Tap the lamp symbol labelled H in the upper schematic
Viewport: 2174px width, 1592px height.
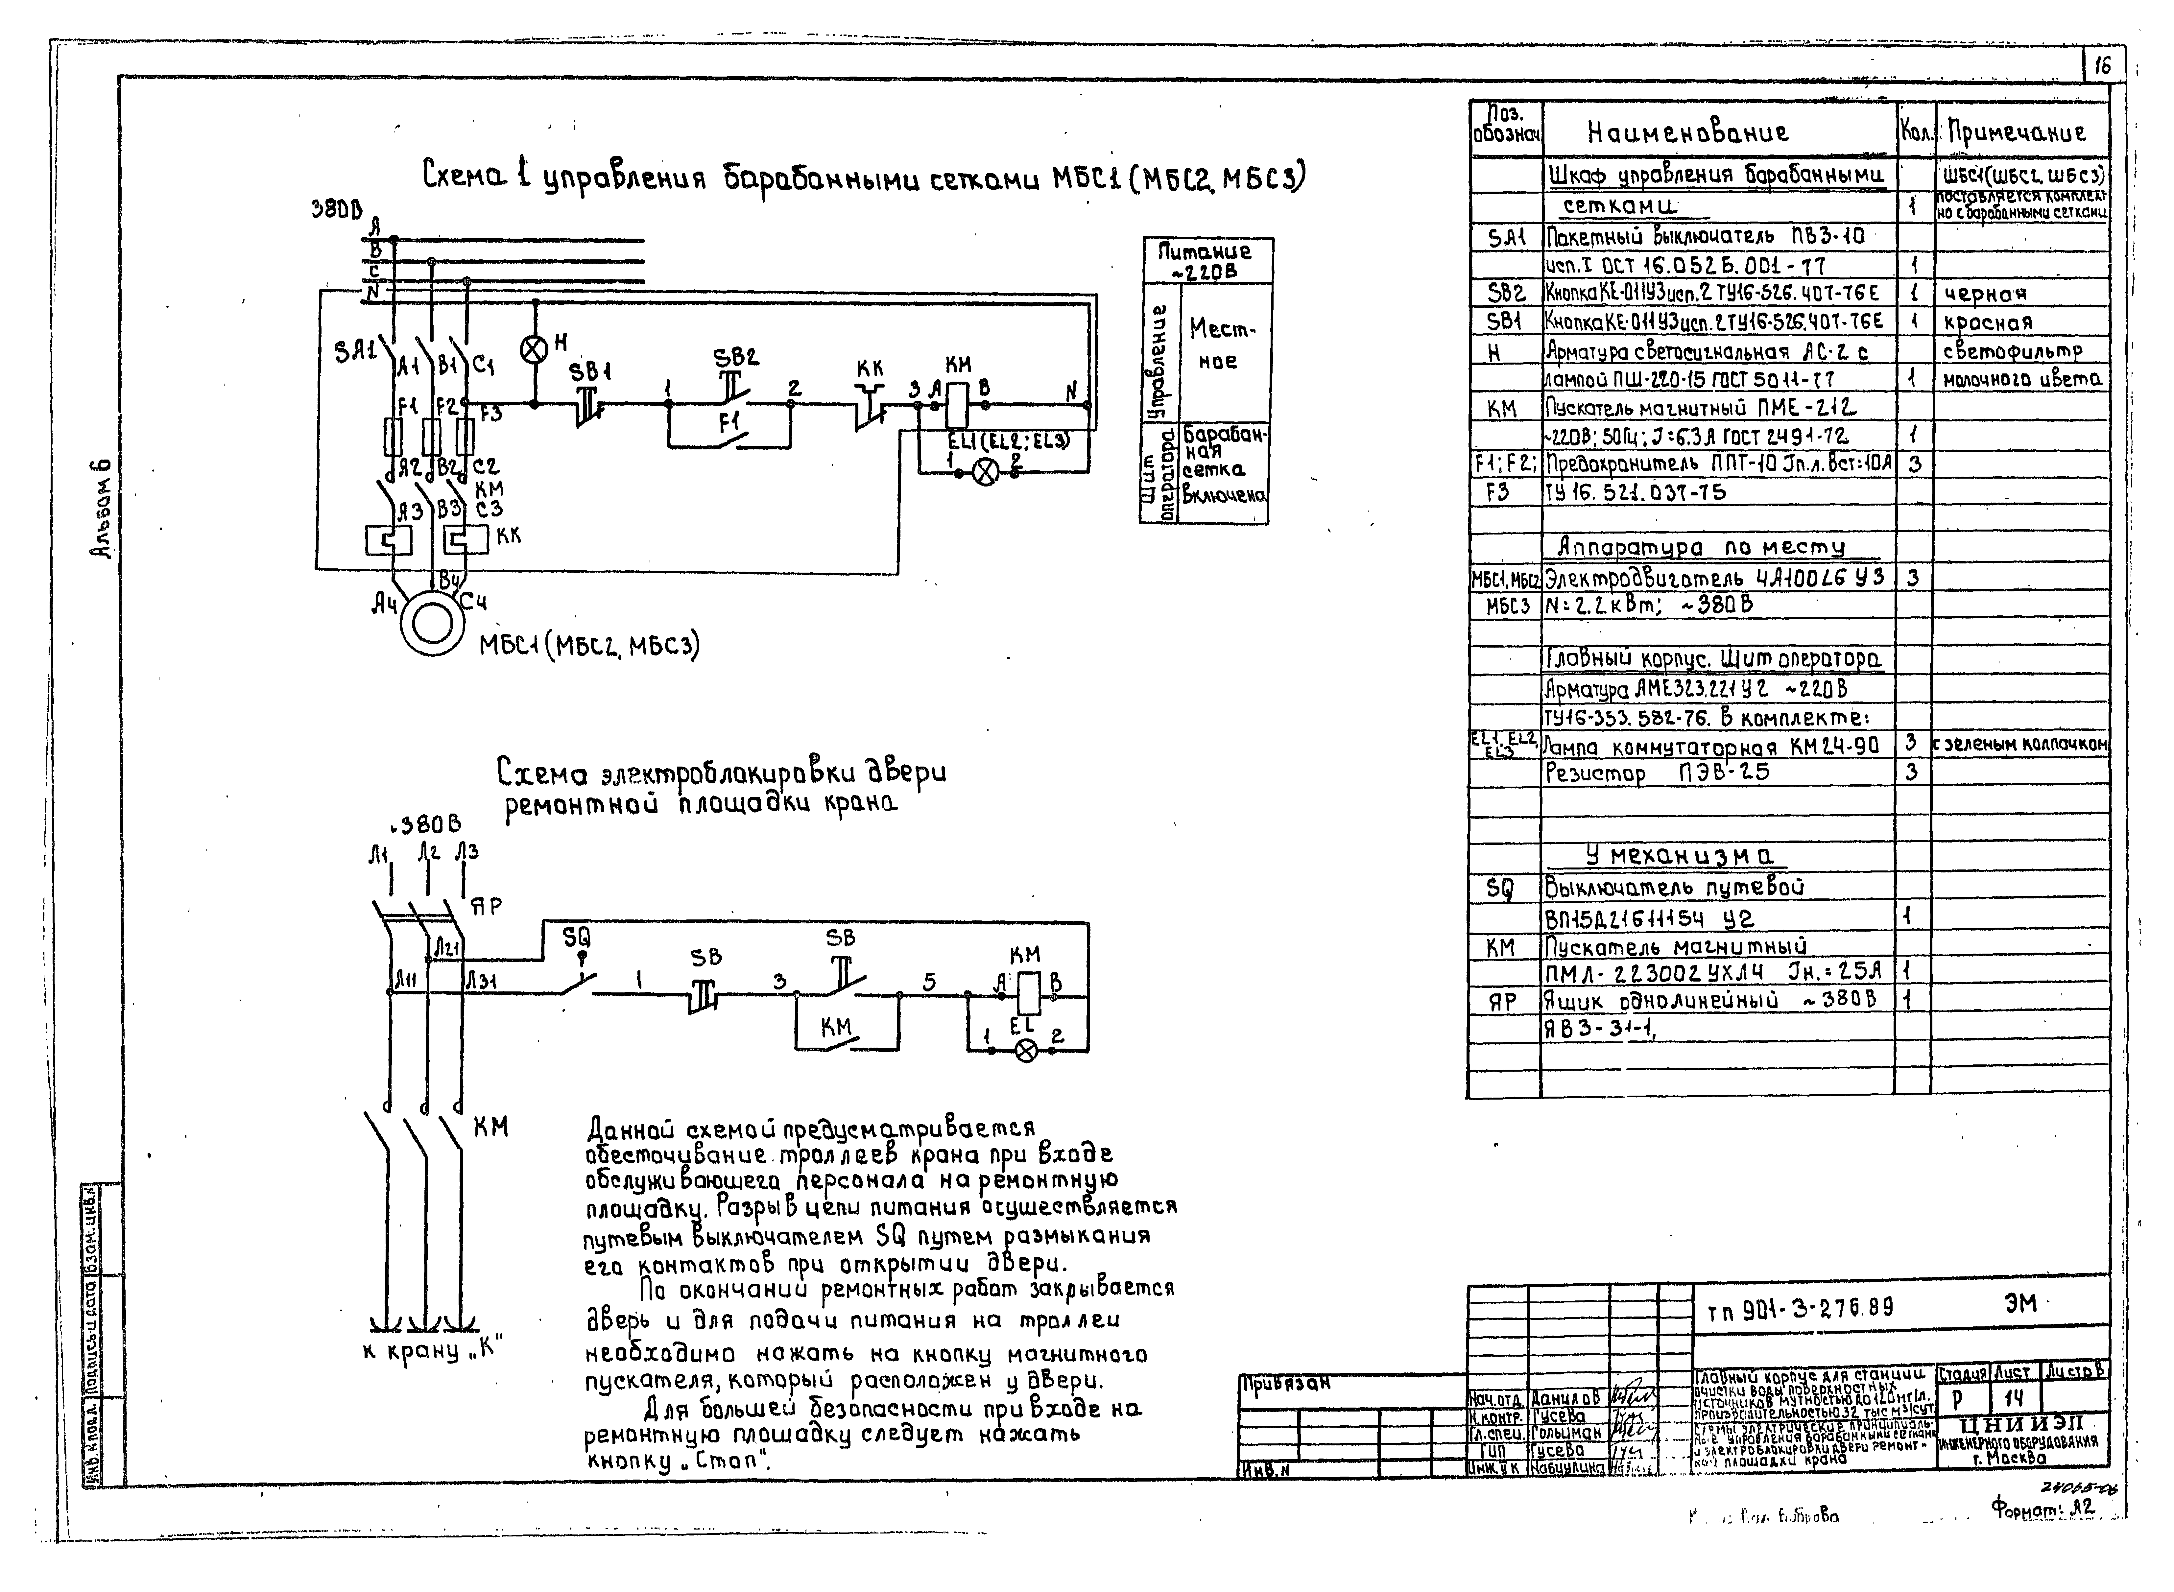point(534,349)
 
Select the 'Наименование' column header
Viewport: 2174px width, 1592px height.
point(1687,132)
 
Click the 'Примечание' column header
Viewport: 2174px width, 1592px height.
point(2016,132)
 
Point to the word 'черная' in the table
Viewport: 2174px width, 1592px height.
point(1985,293)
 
